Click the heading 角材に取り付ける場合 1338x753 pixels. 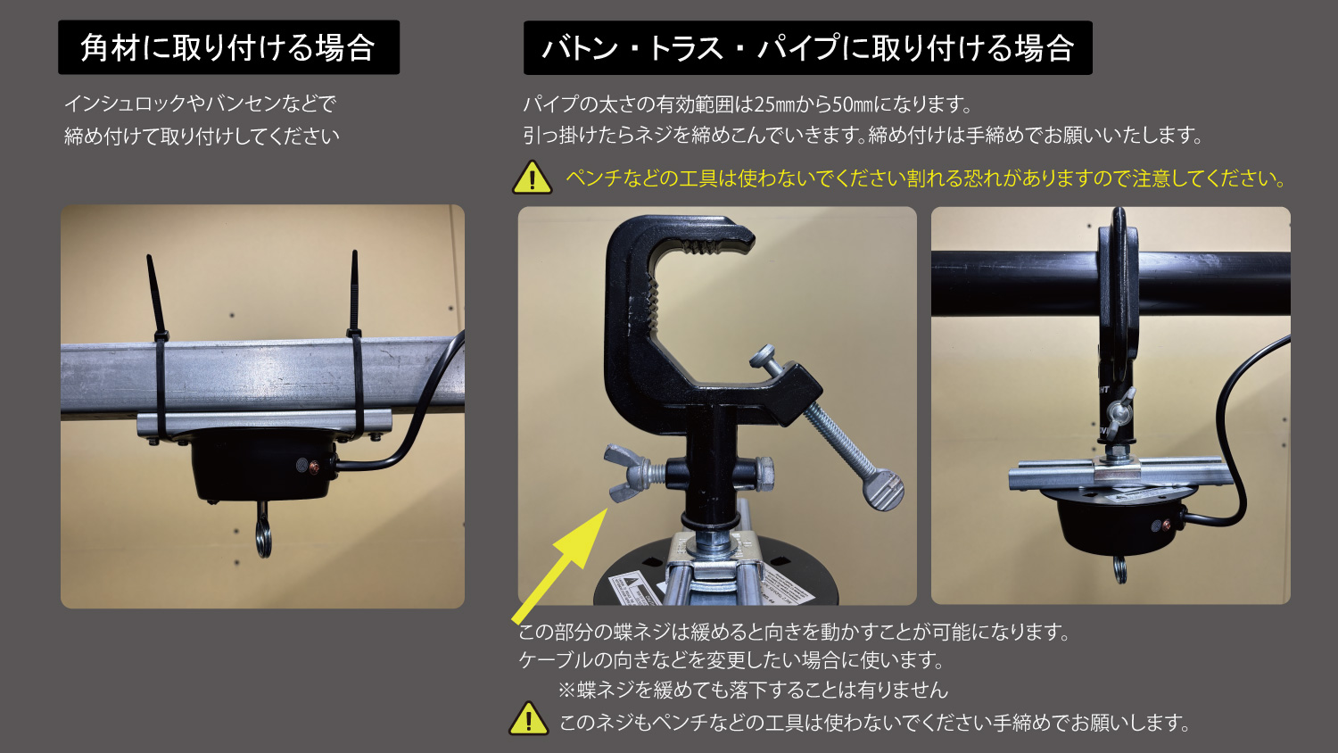click(x=228, y=47)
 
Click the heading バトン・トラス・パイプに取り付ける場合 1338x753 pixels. click(x=807, y=48)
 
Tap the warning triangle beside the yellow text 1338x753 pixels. click(x=533, y=178)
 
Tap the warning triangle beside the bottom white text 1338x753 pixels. click(x=529, y=718)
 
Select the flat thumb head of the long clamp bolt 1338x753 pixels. click(x=883, y=490)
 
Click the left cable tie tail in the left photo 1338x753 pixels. click(x=155, y=296)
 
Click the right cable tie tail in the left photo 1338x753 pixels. click(x=354, y=292)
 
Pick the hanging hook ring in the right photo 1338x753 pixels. click(x=1119, y=570)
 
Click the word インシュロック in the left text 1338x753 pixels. click(x=125, y=103)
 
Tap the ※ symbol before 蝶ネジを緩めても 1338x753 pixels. click(x=566, y=691)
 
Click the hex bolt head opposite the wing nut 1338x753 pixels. click(x=763, y=474)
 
